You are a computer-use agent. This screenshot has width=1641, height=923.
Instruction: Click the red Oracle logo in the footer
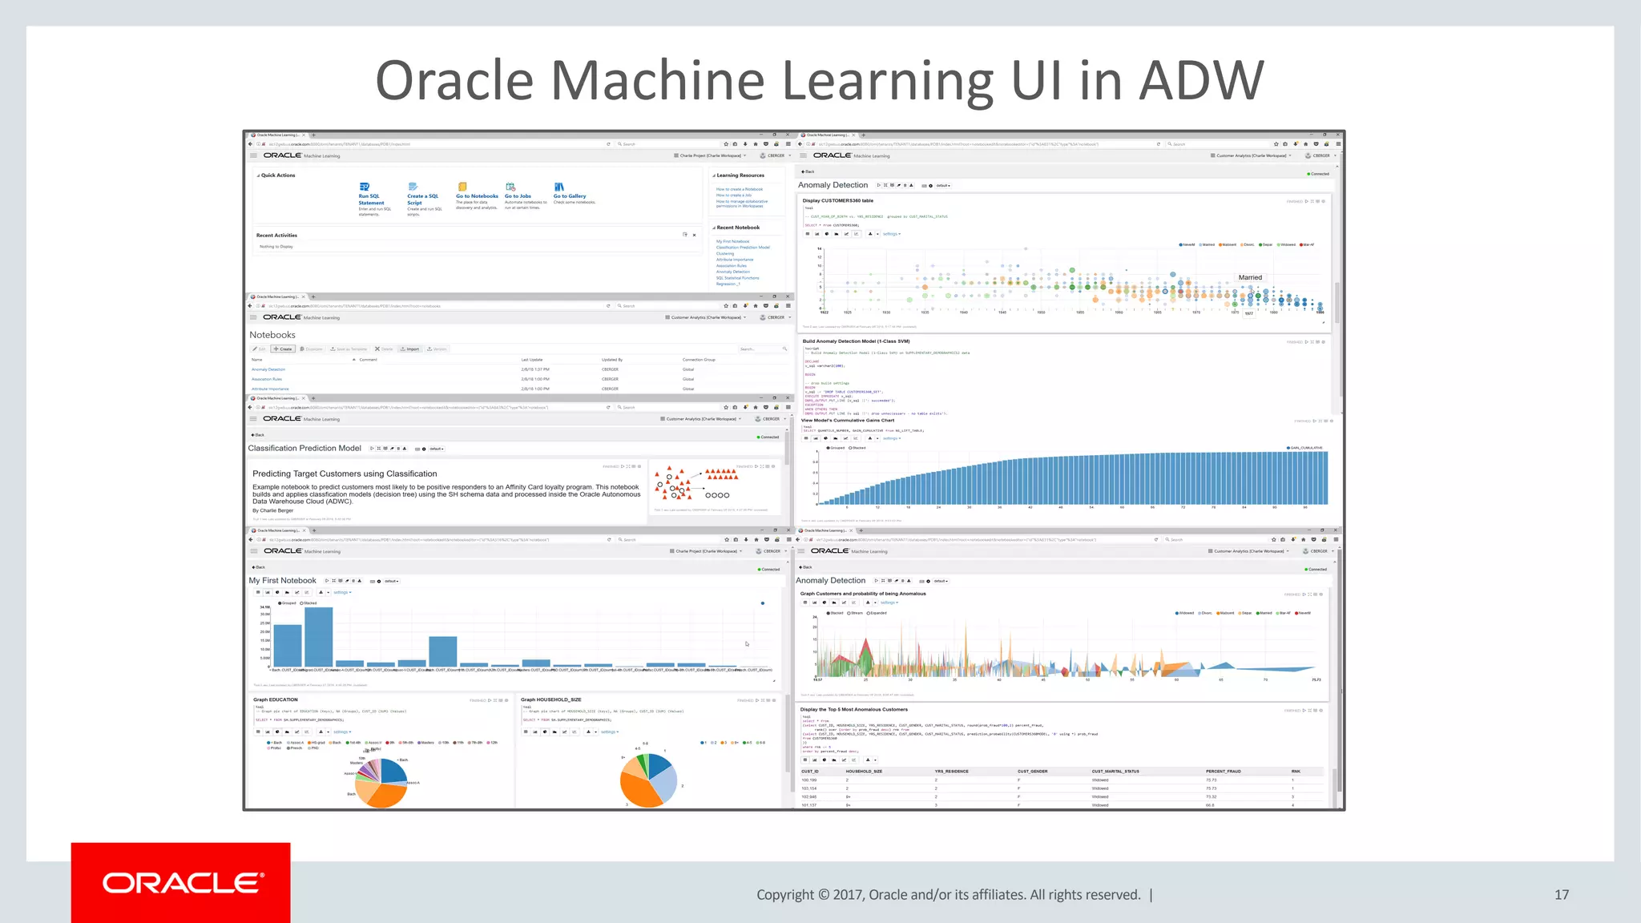click(181, 883)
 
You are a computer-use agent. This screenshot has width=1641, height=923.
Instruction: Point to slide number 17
click(1561, 895)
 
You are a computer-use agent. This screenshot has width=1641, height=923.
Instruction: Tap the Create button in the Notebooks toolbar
click(283, 349)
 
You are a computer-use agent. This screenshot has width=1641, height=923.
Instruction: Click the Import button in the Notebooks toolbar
click(410, 349)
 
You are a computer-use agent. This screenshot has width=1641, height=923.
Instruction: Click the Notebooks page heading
click(272, 335)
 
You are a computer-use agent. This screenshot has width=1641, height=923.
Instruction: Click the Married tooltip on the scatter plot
click(1250, 278)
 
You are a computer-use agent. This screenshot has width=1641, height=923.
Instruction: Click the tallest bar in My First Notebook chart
click(318, 637)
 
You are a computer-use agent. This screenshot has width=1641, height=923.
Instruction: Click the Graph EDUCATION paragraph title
click(276, 699)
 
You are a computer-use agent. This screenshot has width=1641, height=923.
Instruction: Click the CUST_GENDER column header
click(1033, 772)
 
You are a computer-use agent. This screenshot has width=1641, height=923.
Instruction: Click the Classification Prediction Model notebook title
click(304, 449)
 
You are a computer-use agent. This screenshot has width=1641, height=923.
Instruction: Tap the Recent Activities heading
click(276, 236)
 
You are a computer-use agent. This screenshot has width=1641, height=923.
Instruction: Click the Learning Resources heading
click(740, 175)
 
